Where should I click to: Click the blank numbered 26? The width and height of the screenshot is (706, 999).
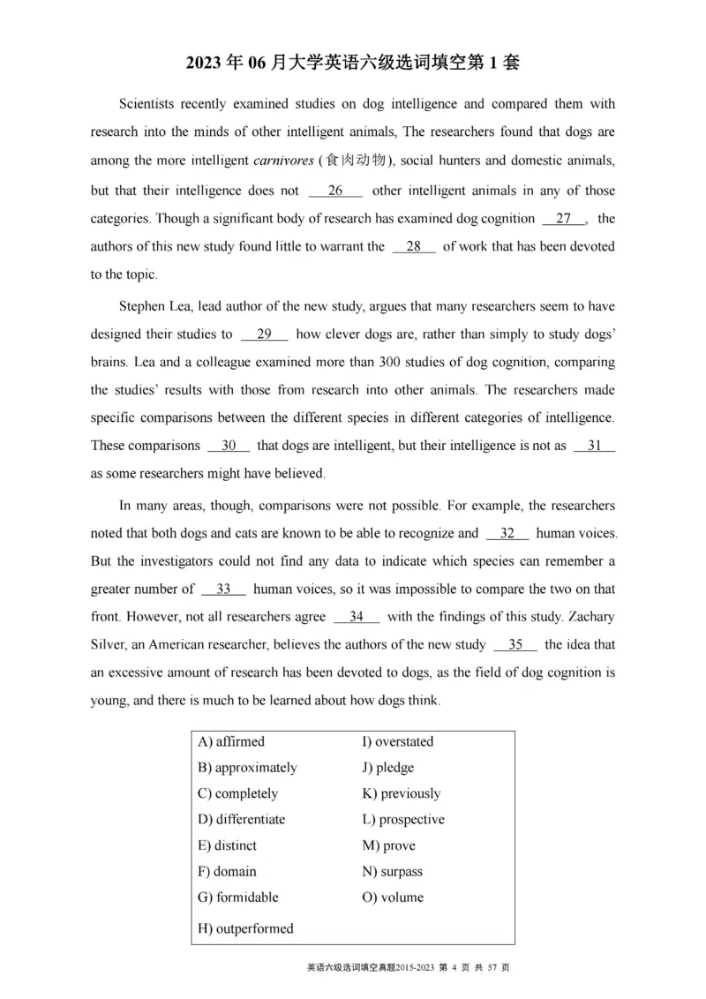click(335, 191)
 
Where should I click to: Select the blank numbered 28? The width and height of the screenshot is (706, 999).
click(413, 247)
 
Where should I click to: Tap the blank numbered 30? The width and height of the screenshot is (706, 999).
click(229, 446)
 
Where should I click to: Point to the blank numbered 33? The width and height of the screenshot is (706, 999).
click(223, 589)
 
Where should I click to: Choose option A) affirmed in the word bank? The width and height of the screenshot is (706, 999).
click(231, 741)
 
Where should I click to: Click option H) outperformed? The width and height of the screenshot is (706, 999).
click(245, 928)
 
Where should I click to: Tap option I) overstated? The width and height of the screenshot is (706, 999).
click(398, 741)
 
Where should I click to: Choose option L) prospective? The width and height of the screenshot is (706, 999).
click(403, 819)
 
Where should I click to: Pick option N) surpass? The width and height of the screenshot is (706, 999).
click(393, 871)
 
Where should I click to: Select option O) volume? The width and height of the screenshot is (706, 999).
click(393, 897)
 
